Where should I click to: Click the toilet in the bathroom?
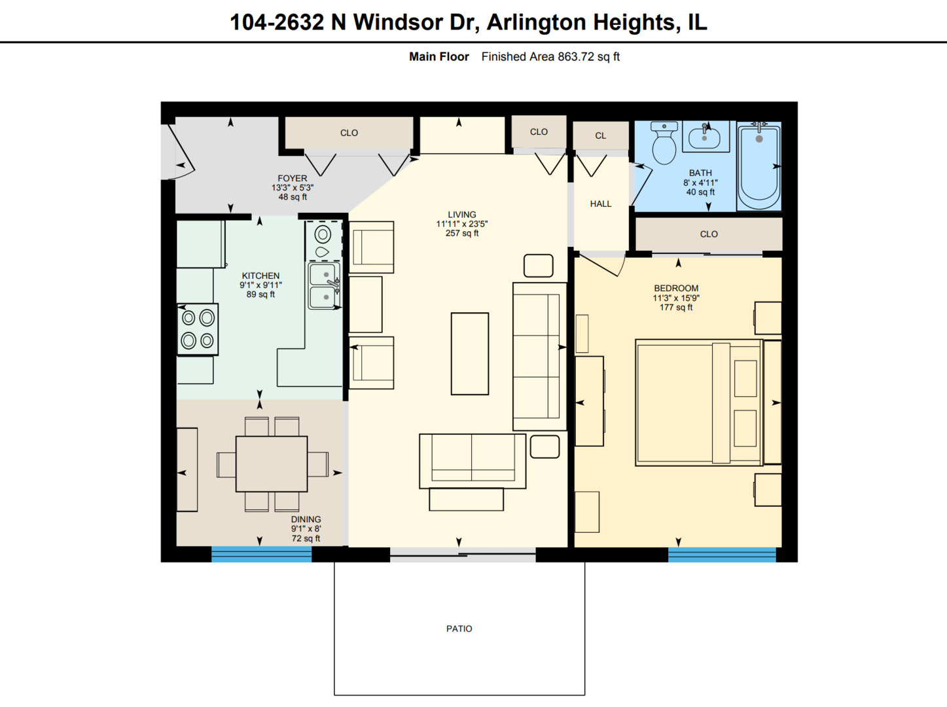[664, 144]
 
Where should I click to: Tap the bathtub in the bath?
[759, 167]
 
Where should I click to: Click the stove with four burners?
[198, 329]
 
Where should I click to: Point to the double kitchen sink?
[324, 285]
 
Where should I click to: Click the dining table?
[272, 464]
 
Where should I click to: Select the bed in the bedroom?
[698, 403]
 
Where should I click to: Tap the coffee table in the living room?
[469, 353]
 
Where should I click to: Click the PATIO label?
[459, 628]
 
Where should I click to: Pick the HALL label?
[600, 204]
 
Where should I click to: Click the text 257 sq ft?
[461, 233]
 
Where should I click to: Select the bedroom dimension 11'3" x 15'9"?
[676, 298]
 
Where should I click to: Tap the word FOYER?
[292, 178]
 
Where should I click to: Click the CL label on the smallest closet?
[600, 136]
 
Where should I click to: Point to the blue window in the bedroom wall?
[722, 555]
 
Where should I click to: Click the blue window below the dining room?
[261, 555]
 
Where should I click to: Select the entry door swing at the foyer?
[178, 154]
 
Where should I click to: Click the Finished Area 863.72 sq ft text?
[550, 57]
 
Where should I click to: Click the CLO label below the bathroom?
[708, 234]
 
